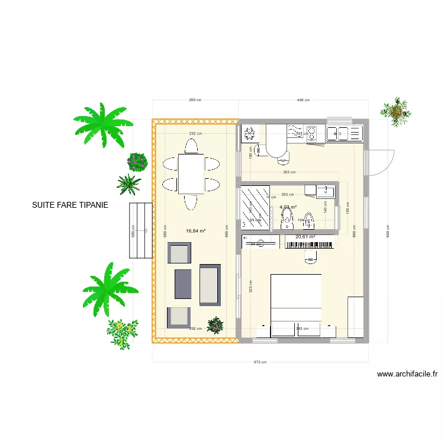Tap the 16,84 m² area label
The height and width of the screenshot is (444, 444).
coord(195,231)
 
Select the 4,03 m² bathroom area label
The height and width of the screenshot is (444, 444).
coord(288,207)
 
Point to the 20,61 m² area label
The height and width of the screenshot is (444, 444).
coord(305,237)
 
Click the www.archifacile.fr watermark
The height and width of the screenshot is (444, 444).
coord(407,374)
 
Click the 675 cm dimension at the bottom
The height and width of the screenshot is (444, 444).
coord(260,362)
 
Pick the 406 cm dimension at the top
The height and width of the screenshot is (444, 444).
coord(303,100)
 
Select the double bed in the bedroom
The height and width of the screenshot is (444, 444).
coord(296,305)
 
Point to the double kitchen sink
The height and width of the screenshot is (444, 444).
coord(340,133)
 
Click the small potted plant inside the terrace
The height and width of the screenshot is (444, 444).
coord(215,324)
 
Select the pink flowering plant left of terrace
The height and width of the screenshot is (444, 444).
coord(137,161)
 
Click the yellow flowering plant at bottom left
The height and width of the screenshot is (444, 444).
coord(122,332)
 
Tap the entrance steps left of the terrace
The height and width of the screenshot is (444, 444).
coord(141,230)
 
